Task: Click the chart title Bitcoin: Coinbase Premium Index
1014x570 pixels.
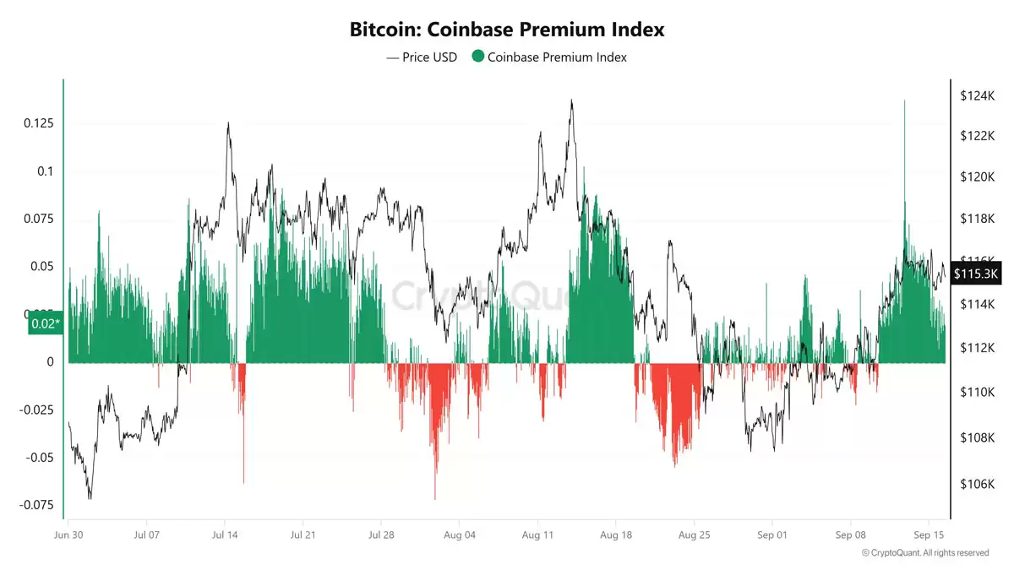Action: pos(507,30)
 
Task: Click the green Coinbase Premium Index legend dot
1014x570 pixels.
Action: pos(478,57)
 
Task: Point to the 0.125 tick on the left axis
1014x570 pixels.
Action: pos(40,123)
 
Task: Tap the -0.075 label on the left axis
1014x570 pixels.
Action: pos(37,506)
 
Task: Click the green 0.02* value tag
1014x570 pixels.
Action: pos(45,323)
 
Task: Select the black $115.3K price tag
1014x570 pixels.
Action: pos(977,274)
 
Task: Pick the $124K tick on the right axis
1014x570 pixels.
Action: pos(976,96)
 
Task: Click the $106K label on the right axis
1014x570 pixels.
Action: pos(976,484)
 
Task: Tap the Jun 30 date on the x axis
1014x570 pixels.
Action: pos(68,535)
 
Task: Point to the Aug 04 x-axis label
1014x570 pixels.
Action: pos(460,535)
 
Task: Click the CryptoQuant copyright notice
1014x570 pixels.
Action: pos(924,553)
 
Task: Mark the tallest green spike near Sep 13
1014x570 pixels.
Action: pos(904,102)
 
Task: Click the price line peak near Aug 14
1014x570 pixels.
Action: pos(572,100)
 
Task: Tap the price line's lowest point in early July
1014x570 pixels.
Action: pos(90,498)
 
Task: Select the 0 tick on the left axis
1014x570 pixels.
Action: pos(50,362)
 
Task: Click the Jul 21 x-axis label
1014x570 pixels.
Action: pos(303,535)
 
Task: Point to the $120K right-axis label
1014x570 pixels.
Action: pos(976,176)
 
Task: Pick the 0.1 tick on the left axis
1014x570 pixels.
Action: pos(46,171)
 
